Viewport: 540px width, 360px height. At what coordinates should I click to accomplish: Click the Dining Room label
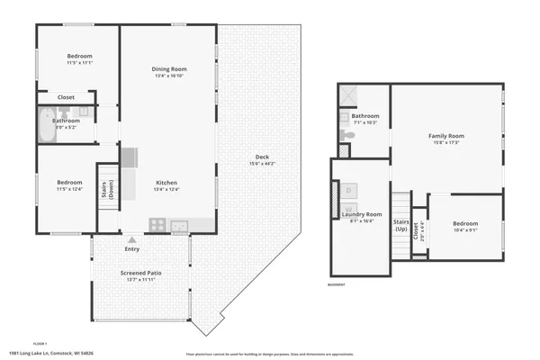click(x=168, y=69)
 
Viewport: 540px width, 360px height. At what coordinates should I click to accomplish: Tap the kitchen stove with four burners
click(x=157, y=225)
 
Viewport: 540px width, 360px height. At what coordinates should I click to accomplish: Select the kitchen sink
click(x=178, y=225)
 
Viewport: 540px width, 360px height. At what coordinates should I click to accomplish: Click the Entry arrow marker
click(x=133, y=239)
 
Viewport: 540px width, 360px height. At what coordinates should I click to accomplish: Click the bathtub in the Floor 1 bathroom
click(x=46, y=124)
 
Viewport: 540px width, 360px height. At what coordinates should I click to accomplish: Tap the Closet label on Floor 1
click(x=66, y=97)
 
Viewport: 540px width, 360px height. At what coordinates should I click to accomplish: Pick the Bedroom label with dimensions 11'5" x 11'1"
click(x=79, y=62)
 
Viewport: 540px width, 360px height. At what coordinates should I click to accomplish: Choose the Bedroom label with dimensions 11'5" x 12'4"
click(x=69, y=189)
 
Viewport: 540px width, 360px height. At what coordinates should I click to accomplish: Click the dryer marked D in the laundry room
click(x=349, y=190)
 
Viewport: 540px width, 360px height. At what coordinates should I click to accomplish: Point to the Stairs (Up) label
click(x=401, y=225)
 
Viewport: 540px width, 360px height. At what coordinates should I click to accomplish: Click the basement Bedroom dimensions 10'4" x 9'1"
click(x=465, y=230)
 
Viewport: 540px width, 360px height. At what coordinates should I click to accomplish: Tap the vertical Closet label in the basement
click(x=416, y=231)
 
